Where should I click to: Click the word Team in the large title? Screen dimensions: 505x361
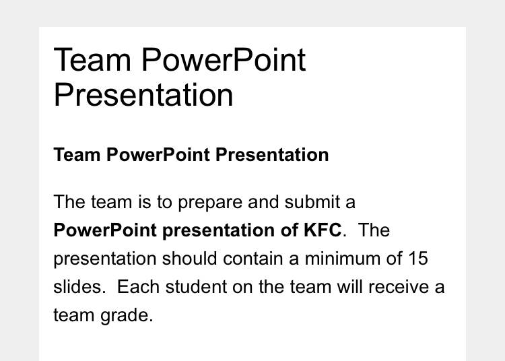92,59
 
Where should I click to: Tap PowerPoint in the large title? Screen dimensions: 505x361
224,59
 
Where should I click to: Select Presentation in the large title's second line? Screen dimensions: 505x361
143,95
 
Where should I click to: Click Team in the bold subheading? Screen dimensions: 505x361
77,155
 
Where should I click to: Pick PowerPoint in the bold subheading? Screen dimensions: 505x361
158,155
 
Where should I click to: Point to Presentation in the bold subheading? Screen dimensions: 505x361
272,155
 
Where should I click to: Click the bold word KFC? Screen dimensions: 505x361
323,230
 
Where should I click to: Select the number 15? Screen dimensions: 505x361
418,258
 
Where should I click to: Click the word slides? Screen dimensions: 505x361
79,287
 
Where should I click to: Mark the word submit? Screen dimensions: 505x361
312,202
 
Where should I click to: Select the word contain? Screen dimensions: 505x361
252,258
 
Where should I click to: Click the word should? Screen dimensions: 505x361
189,258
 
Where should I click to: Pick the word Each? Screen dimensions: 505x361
138,287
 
